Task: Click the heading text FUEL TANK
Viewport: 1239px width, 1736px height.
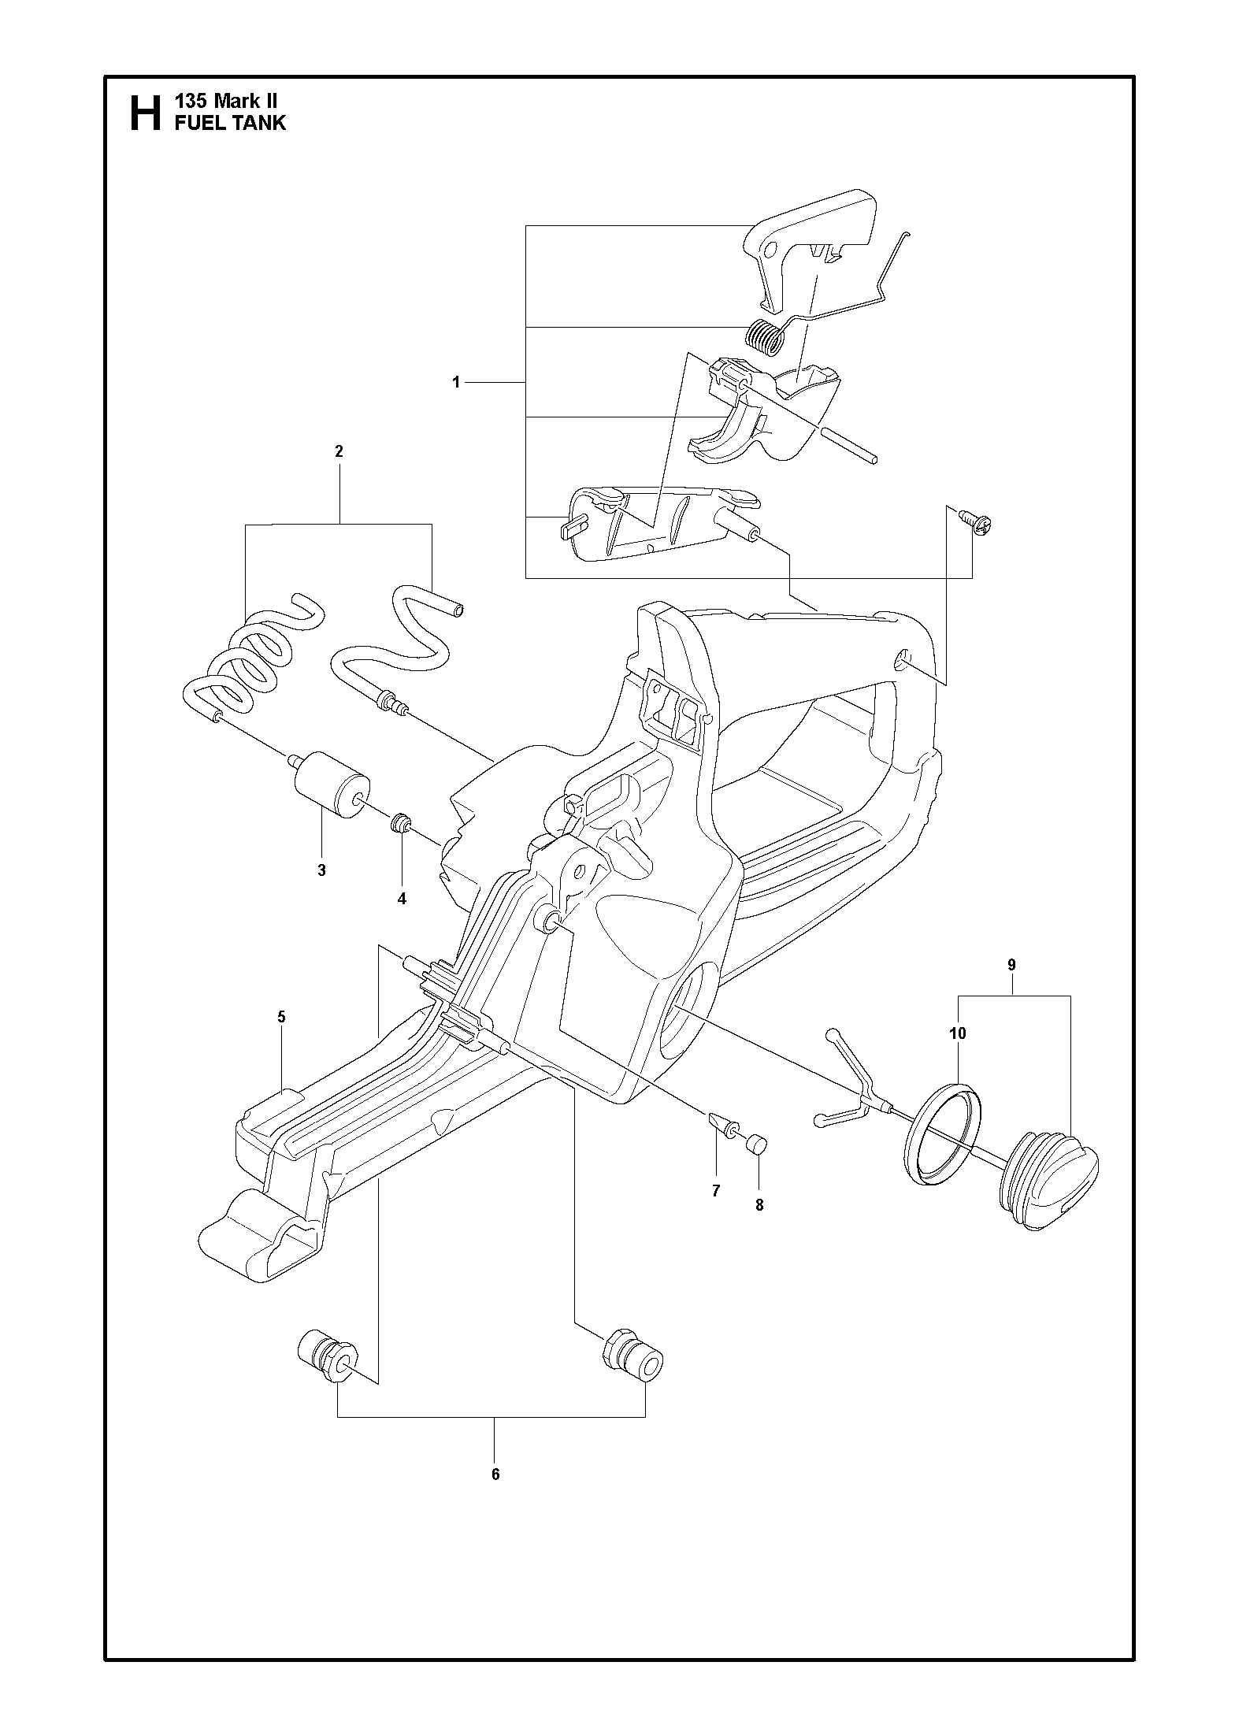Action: (x=230, y=123)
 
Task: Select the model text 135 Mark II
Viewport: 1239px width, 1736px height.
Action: (x=225, y=102)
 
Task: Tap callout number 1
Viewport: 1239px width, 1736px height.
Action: (x=455, y=383)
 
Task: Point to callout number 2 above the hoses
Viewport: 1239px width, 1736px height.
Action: (x=339, y=451)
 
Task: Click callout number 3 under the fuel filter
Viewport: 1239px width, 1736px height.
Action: (x=321, y=870)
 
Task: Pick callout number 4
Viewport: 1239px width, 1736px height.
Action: (x=402, y=899)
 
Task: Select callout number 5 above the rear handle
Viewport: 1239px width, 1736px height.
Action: (x=281, y=1017)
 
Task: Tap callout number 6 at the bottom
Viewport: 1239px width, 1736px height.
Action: (x=495, y=1474)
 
